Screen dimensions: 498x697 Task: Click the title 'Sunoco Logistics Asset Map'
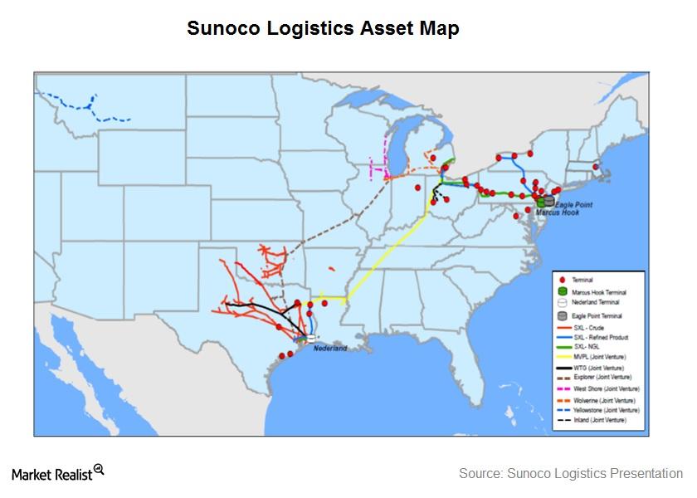click(x=323, y=28)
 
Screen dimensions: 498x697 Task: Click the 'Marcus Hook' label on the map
click(x=557, y=212)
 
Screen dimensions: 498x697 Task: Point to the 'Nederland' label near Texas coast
click(x=330, y=349)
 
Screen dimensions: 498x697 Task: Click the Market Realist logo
click(x=58, y=473)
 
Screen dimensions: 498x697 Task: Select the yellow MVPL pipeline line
click(x=390, y=249)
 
